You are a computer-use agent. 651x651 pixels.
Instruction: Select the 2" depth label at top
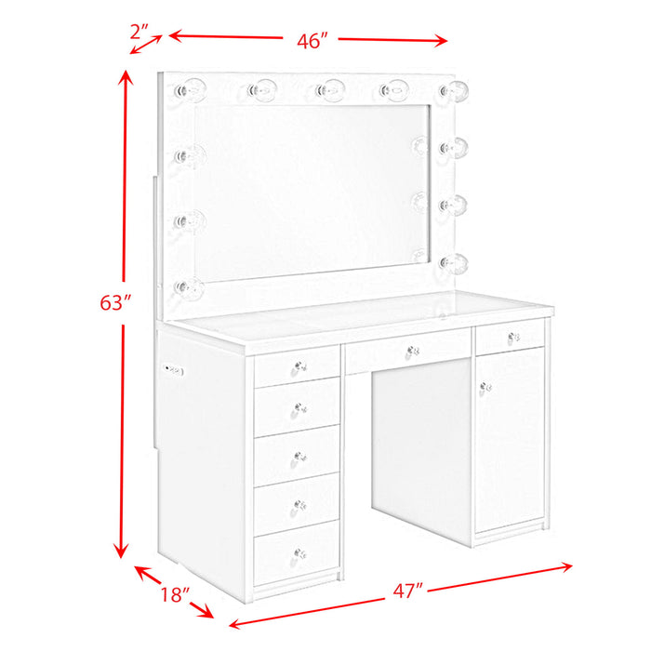(x=140, y=32)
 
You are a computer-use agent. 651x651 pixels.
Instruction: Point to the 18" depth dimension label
(x=175, y=593)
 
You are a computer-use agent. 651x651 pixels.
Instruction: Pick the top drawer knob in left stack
(x=299, y=366)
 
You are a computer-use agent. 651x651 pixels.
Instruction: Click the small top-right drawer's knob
(x=513, y=336)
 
